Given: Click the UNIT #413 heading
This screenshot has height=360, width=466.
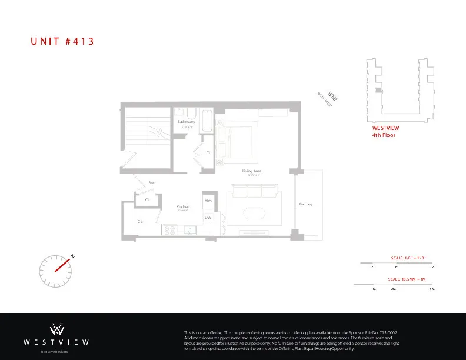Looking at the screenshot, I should click(62, 41).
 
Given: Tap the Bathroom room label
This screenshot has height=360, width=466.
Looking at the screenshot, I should click(186, 121).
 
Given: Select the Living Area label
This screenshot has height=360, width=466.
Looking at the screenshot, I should click(252, 171).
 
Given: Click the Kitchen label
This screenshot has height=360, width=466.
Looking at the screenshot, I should click(183, 207).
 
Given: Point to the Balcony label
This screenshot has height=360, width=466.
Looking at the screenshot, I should click(306, 204).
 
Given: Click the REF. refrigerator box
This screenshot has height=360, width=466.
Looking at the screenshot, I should click(208, 201).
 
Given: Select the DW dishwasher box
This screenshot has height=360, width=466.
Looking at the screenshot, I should click(208, 218).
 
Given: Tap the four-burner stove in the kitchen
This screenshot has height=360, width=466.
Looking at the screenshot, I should click(170, 230).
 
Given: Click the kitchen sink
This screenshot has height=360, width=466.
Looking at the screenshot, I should click(189, 231).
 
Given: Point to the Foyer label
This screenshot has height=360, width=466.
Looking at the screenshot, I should click(151, 183).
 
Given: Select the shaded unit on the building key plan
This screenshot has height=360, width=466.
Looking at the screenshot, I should click(378, 90).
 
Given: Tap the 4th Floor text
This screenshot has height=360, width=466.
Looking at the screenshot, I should click(384, 135).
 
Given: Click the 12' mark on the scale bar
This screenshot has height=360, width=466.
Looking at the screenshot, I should click(432, 267).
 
